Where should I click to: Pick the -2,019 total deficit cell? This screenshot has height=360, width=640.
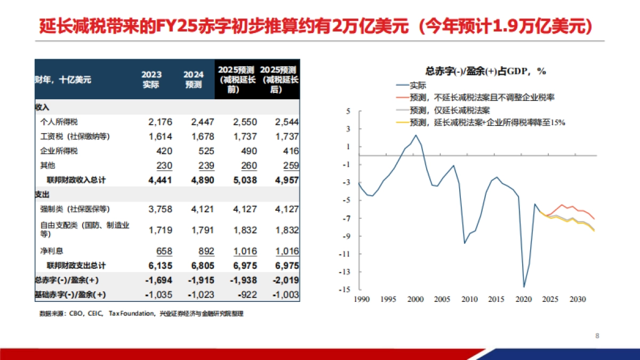pos(285,280)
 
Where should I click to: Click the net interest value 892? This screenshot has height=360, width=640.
pos(203,251)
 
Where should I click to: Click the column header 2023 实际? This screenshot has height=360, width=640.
pos(151,79)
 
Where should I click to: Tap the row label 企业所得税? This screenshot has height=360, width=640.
pos(59,151)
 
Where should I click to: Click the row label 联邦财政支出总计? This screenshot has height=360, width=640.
pos(76,266)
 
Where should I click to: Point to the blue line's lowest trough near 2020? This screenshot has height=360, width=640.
pos(524,287)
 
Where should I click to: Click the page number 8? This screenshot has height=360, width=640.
pos(597,336)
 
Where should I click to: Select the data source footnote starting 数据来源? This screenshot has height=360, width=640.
pos(141,314)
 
